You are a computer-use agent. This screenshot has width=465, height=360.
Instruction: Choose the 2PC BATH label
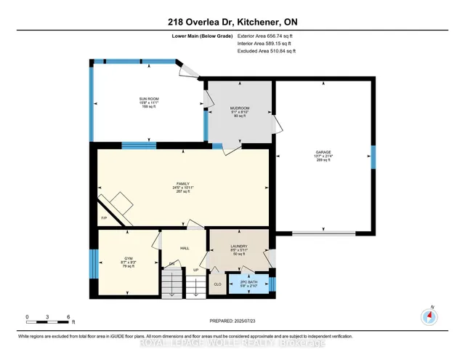[x=249, y=281]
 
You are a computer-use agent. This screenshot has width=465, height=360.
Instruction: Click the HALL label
[x=185, y=248]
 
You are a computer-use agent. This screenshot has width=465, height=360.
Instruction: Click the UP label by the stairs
[x=195, y=269]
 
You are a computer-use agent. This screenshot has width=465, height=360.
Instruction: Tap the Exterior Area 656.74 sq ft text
[x=267, y=35]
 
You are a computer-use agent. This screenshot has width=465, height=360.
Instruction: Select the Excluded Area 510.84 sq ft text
[x=267, y=51]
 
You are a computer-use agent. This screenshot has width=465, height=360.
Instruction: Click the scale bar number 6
[x=68, y=317]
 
